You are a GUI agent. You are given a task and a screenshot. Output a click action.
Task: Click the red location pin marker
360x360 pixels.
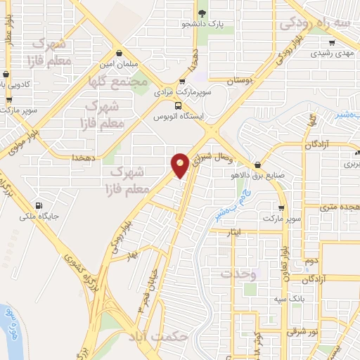[x=181, y=165]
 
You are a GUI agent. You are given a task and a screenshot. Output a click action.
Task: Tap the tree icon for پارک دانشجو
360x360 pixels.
[x=202, y=13]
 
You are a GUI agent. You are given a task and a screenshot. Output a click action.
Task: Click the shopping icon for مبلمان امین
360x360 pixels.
[x=120, y=53]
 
